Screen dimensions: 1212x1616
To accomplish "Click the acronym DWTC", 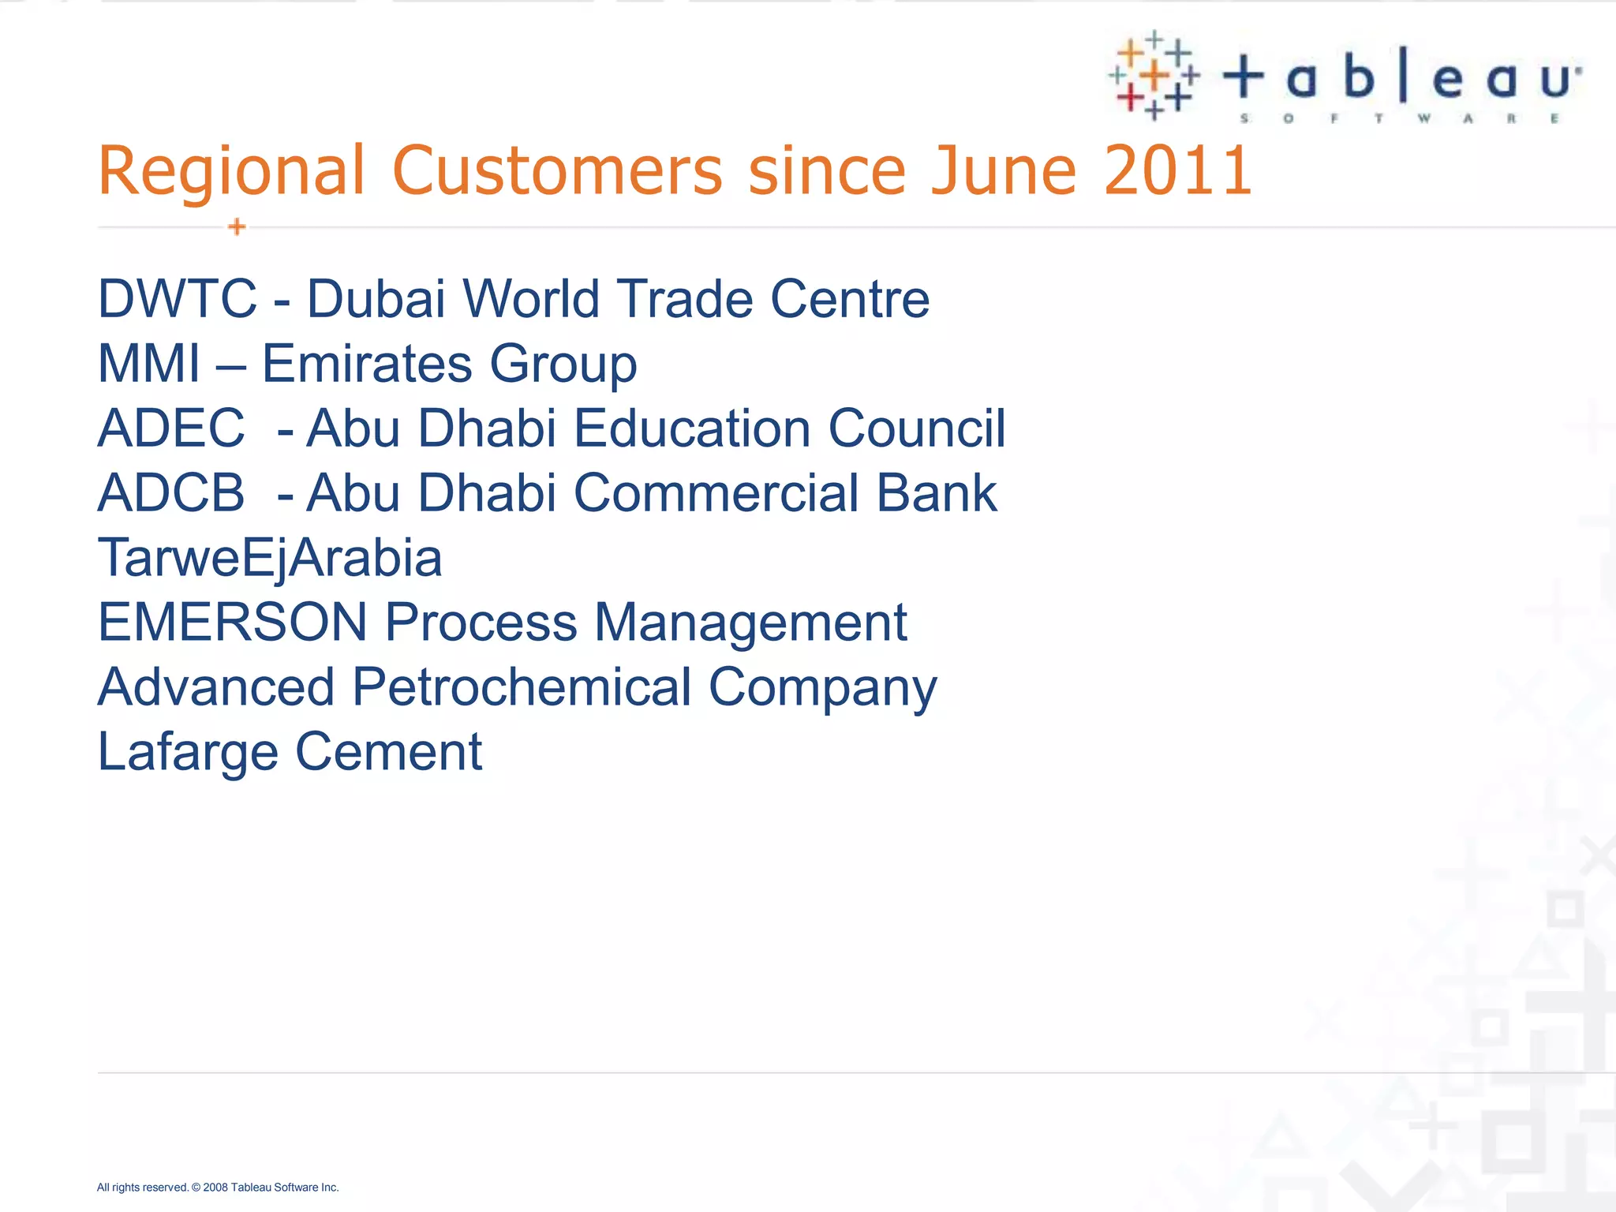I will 178,299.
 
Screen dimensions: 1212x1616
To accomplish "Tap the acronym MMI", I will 149,364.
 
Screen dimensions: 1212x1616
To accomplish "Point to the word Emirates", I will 367,364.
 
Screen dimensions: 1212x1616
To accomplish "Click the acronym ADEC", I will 171,428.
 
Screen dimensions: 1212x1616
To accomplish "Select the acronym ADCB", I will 171,493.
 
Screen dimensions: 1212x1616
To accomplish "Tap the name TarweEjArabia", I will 269,558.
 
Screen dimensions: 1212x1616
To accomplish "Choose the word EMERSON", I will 233,623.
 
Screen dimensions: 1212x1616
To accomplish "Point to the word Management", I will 750,623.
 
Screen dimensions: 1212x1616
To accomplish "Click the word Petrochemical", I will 522,687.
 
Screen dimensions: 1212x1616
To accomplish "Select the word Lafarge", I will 188,752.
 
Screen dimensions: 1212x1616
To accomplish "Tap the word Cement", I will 388,752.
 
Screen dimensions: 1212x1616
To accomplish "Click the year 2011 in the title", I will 1177,170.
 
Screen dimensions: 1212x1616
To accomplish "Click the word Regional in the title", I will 232,170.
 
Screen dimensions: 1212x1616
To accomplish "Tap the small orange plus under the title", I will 237,227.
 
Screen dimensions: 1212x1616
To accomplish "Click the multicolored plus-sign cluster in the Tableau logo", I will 1153,76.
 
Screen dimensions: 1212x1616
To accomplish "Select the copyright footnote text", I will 218,1188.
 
